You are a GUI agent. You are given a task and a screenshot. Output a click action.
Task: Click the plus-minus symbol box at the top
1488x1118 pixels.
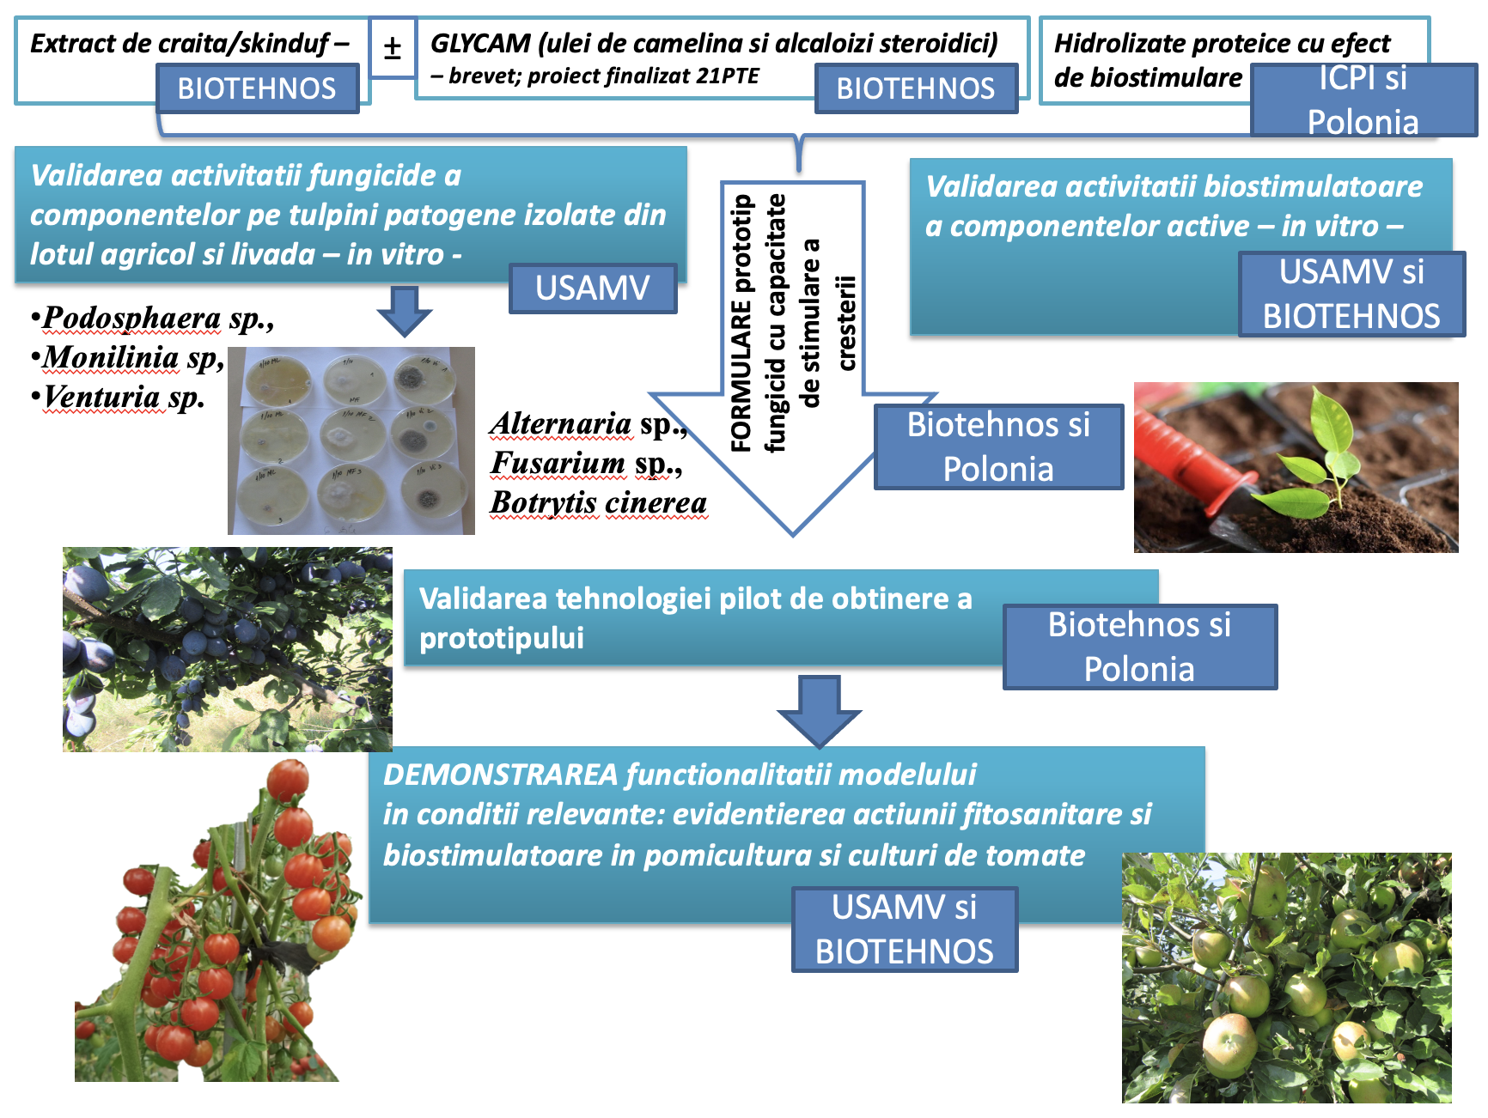point(393,48)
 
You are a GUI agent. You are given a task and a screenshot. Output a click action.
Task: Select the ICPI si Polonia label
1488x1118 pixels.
point(1363,100)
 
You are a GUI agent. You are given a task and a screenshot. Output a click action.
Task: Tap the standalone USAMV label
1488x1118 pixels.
point(593,289)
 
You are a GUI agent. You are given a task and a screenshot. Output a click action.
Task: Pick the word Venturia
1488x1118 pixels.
point(102,397)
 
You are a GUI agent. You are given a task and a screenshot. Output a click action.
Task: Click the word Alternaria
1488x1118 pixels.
point(561,423)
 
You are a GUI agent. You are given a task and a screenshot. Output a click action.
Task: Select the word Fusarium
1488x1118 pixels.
point(558,463)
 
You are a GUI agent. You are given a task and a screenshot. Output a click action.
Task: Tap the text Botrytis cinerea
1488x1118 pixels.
point(599,502)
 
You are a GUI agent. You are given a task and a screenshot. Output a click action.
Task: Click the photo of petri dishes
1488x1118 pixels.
point(351,441)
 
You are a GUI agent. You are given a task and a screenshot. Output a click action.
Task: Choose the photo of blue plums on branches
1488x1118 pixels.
point(227,649)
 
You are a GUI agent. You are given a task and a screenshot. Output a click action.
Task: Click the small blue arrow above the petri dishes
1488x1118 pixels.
point(404,310)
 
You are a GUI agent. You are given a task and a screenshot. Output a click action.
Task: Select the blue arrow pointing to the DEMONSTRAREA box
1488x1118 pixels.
point(819,710)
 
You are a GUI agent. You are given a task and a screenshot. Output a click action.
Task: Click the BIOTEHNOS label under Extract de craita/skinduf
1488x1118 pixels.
point(257,88)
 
